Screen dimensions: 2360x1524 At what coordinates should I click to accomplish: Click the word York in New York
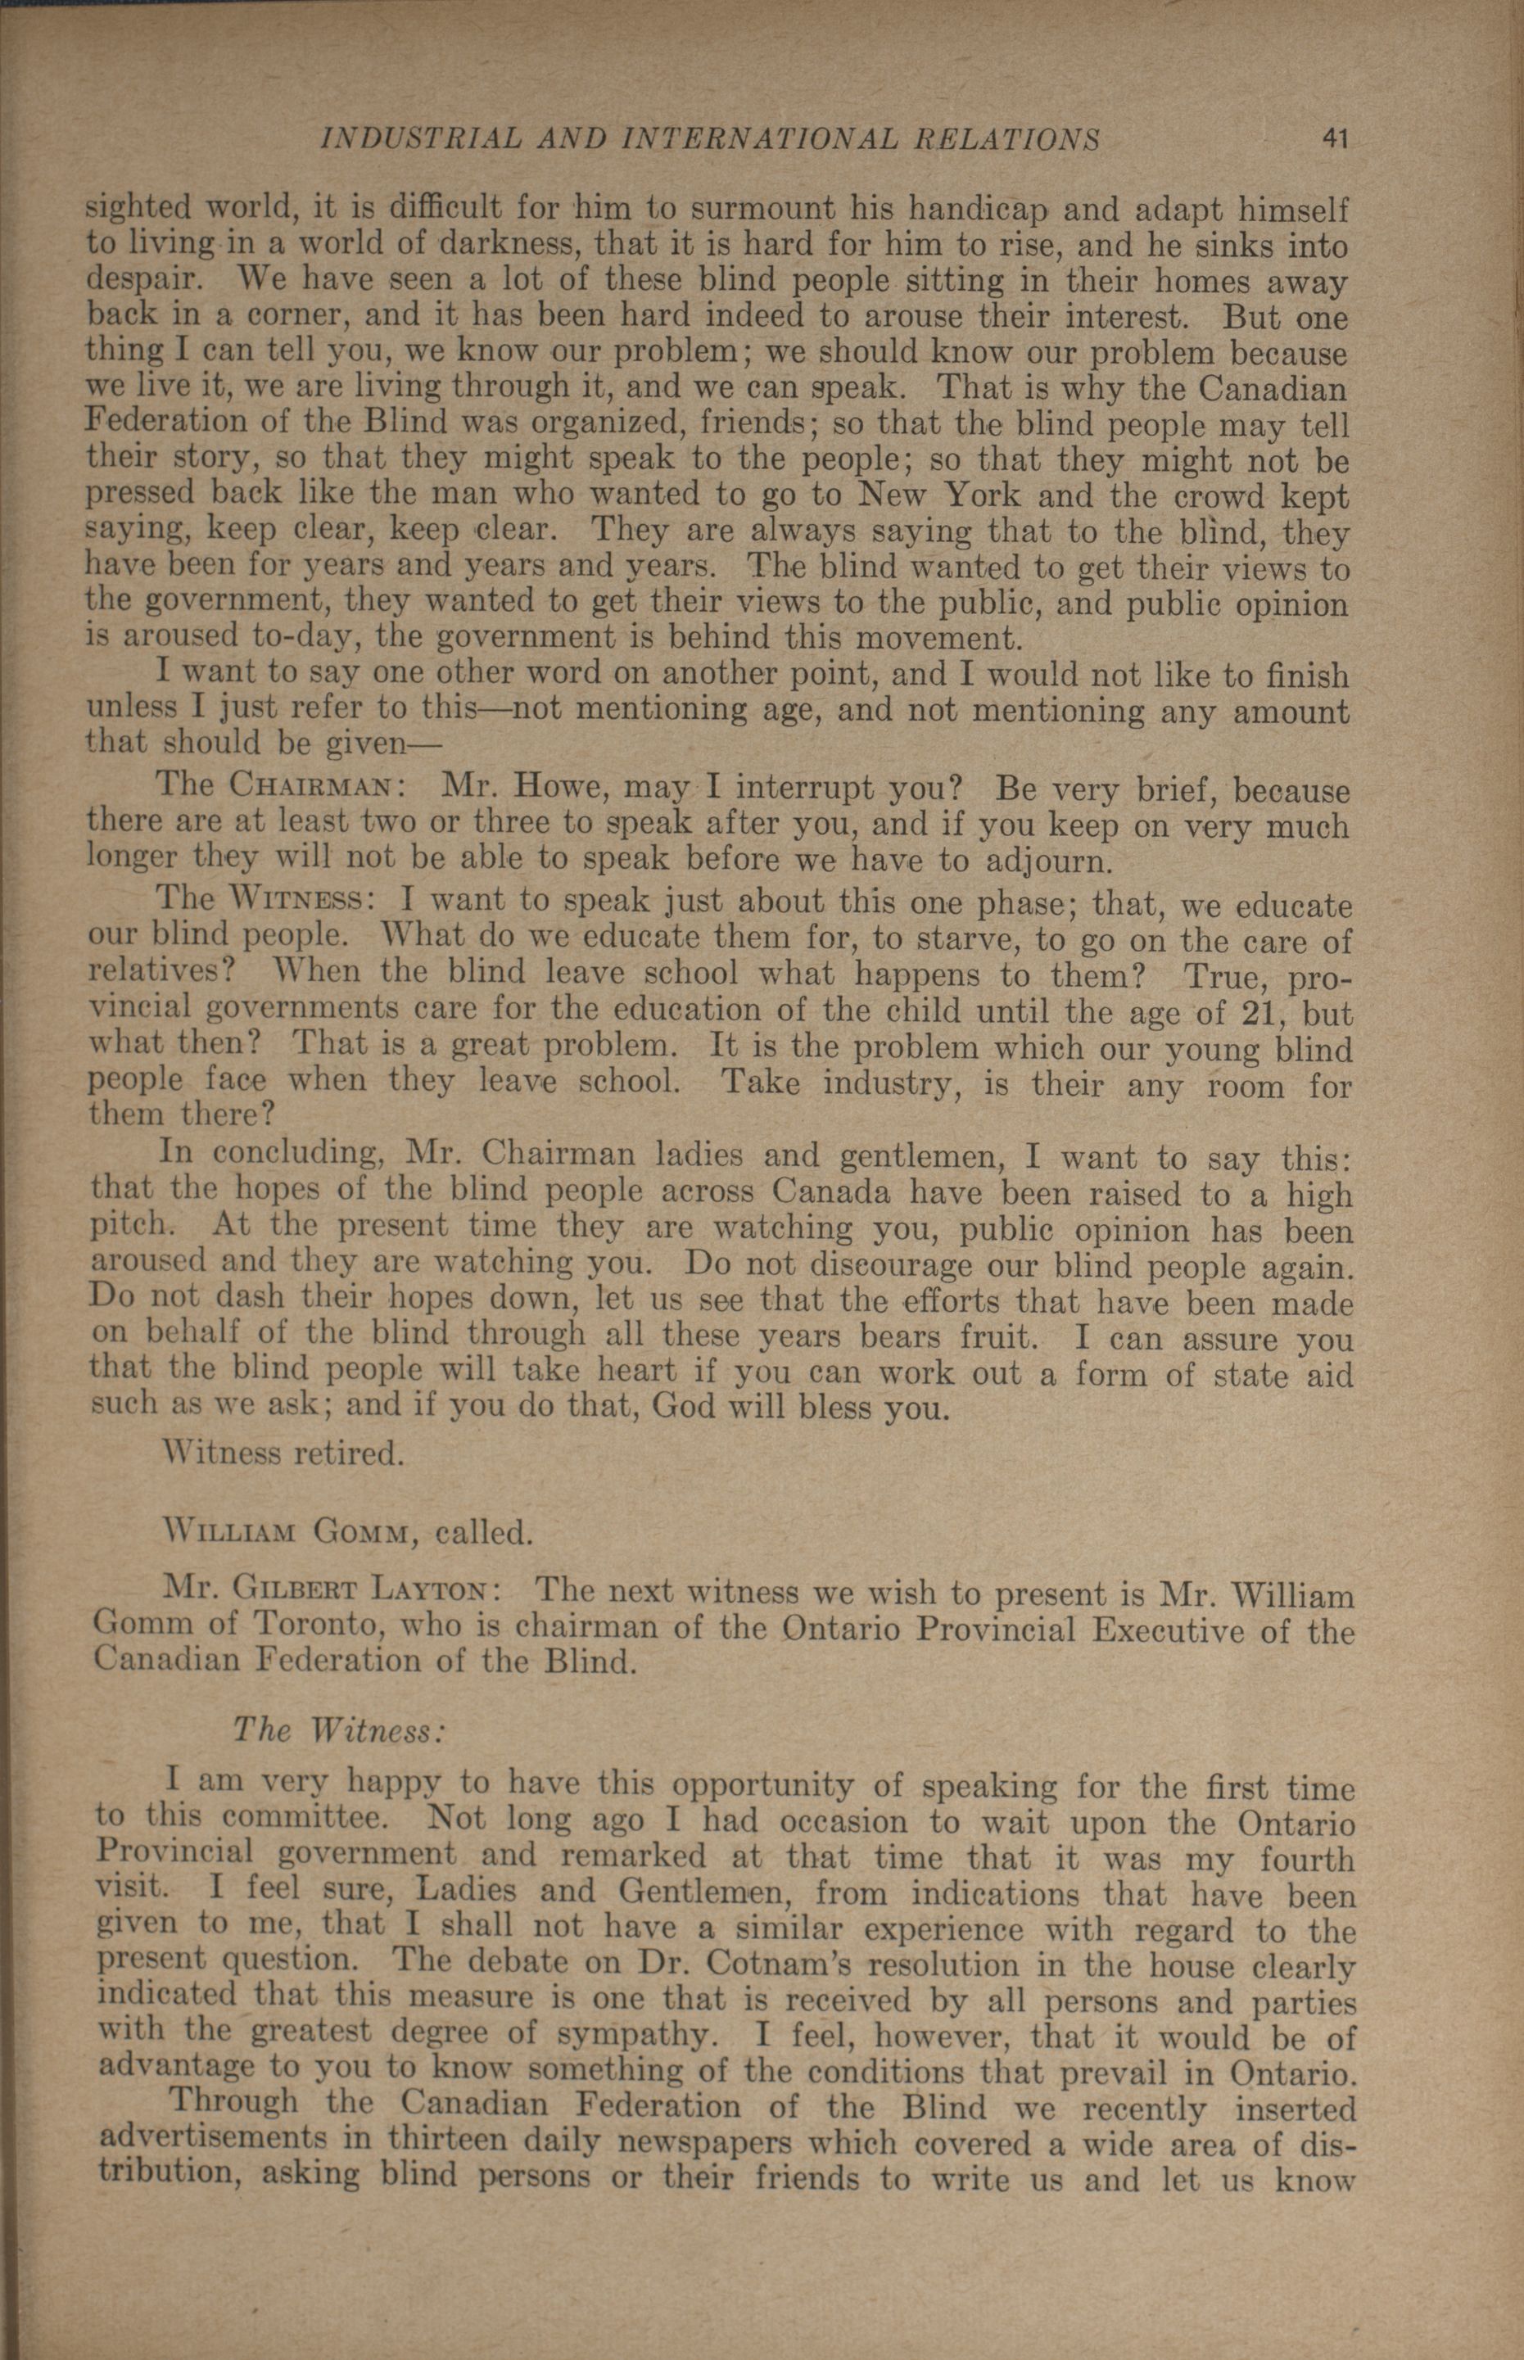1001,494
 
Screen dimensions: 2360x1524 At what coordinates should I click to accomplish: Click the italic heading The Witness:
338,1729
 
